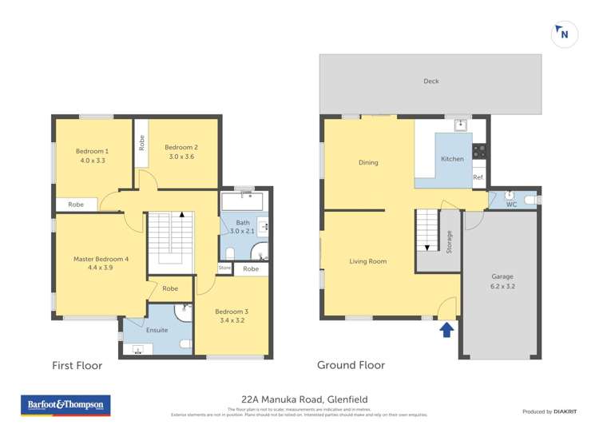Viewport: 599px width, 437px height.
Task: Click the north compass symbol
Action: pos(564,34)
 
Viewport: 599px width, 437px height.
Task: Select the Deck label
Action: pos(431,81)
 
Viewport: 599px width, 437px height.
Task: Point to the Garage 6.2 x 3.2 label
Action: pos(502,280)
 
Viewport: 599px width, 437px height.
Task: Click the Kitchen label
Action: pos(452,159)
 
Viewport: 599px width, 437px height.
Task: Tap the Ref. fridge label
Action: pos(478,177)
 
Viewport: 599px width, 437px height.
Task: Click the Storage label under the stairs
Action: pos(450,240)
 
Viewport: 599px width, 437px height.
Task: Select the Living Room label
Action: pos(367,261)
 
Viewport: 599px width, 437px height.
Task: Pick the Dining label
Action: pos(368,163)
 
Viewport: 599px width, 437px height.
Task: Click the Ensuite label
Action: pos(157,330)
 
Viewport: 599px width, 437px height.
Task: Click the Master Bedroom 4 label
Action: pos(101,259)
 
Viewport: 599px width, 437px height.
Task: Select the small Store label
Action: pos(224,268)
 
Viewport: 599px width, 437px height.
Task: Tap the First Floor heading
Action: pos(77,366)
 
